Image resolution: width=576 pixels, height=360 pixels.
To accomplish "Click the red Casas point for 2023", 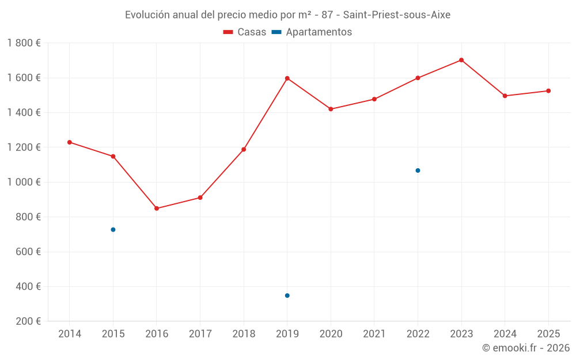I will (461, 60).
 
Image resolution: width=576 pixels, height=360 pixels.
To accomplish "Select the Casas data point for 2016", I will (157, 209).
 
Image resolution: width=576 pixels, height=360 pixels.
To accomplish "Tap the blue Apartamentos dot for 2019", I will (287, 295).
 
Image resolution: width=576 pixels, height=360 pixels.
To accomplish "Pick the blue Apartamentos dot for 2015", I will (113, 230).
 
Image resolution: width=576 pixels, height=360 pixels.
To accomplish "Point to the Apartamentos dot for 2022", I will (418, 170).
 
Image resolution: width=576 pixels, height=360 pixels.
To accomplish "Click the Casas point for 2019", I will (287, 78).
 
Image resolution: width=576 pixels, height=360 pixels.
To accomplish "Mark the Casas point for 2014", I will (70, 142).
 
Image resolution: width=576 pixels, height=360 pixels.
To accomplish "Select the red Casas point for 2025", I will (548, 91).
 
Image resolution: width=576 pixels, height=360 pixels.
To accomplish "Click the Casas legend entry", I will (245, 32).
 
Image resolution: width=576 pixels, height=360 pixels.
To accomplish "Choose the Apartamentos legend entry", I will (312, 32).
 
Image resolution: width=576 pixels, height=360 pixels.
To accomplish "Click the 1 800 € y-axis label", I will (24, 43).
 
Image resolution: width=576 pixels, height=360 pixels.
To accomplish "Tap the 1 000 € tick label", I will (24, 182).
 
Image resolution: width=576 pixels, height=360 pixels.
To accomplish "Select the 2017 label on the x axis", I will (200, 334).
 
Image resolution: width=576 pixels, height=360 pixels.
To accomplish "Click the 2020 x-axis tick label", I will (331, 334).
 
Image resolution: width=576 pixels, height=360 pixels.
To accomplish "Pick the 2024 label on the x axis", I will (505, 334).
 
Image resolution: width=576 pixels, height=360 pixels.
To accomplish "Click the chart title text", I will (287, 15).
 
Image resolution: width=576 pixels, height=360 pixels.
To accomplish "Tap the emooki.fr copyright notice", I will (525, 348).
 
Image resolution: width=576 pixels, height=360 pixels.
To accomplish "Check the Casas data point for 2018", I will (244, 150).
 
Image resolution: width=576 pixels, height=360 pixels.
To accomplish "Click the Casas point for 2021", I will (374, 99).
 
